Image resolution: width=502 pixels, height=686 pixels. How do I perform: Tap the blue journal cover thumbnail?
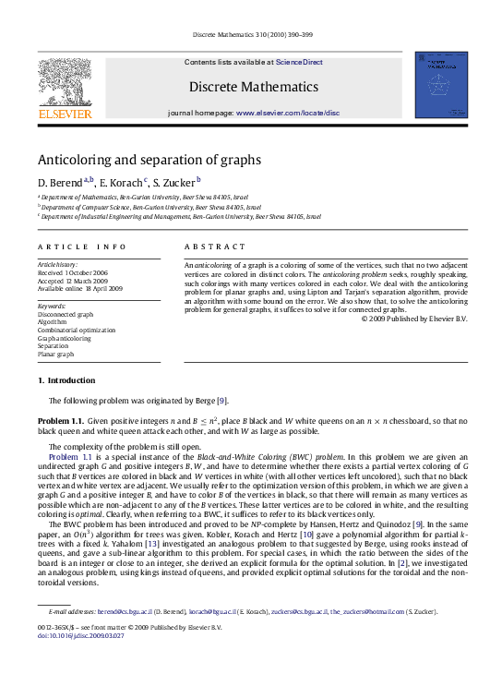click(440, 84)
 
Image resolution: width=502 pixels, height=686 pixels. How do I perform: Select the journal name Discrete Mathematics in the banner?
click(254, 87)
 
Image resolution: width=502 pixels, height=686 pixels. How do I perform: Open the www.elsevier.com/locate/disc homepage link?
click(287, 113)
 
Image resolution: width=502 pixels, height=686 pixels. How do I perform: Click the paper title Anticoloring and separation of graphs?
click(149, 159)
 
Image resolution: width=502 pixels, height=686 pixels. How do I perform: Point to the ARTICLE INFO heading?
click(81, 247)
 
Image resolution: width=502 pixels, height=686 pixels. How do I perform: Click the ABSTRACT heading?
click(215, 247)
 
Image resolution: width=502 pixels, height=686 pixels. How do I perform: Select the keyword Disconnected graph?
click(65, 314)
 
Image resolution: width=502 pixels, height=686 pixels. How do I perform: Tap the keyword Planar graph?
click(55, 354)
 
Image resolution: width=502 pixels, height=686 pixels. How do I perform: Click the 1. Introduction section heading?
click(66, 380)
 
